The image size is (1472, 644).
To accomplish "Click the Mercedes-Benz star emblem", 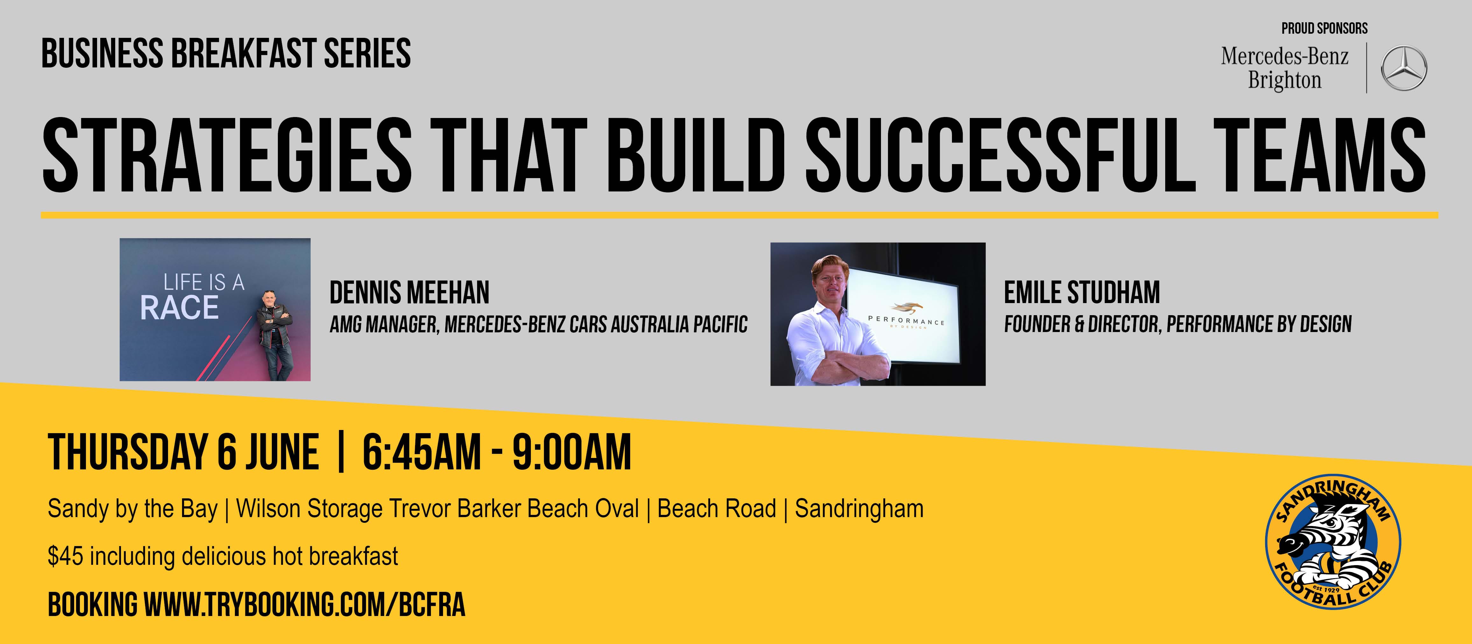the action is tap(1404, 68).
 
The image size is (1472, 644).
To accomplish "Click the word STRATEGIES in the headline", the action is tap(227, 155).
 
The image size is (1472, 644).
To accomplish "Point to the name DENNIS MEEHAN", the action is tap(409, 293).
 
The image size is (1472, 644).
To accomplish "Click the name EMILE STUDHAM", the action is tap(1082, 293).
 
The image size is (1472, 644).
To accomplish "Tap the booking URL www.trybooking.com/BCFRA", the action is tap(304, 605).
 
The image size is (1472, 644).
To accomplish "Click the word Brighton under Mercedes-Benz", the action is tap(1285, 80).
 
